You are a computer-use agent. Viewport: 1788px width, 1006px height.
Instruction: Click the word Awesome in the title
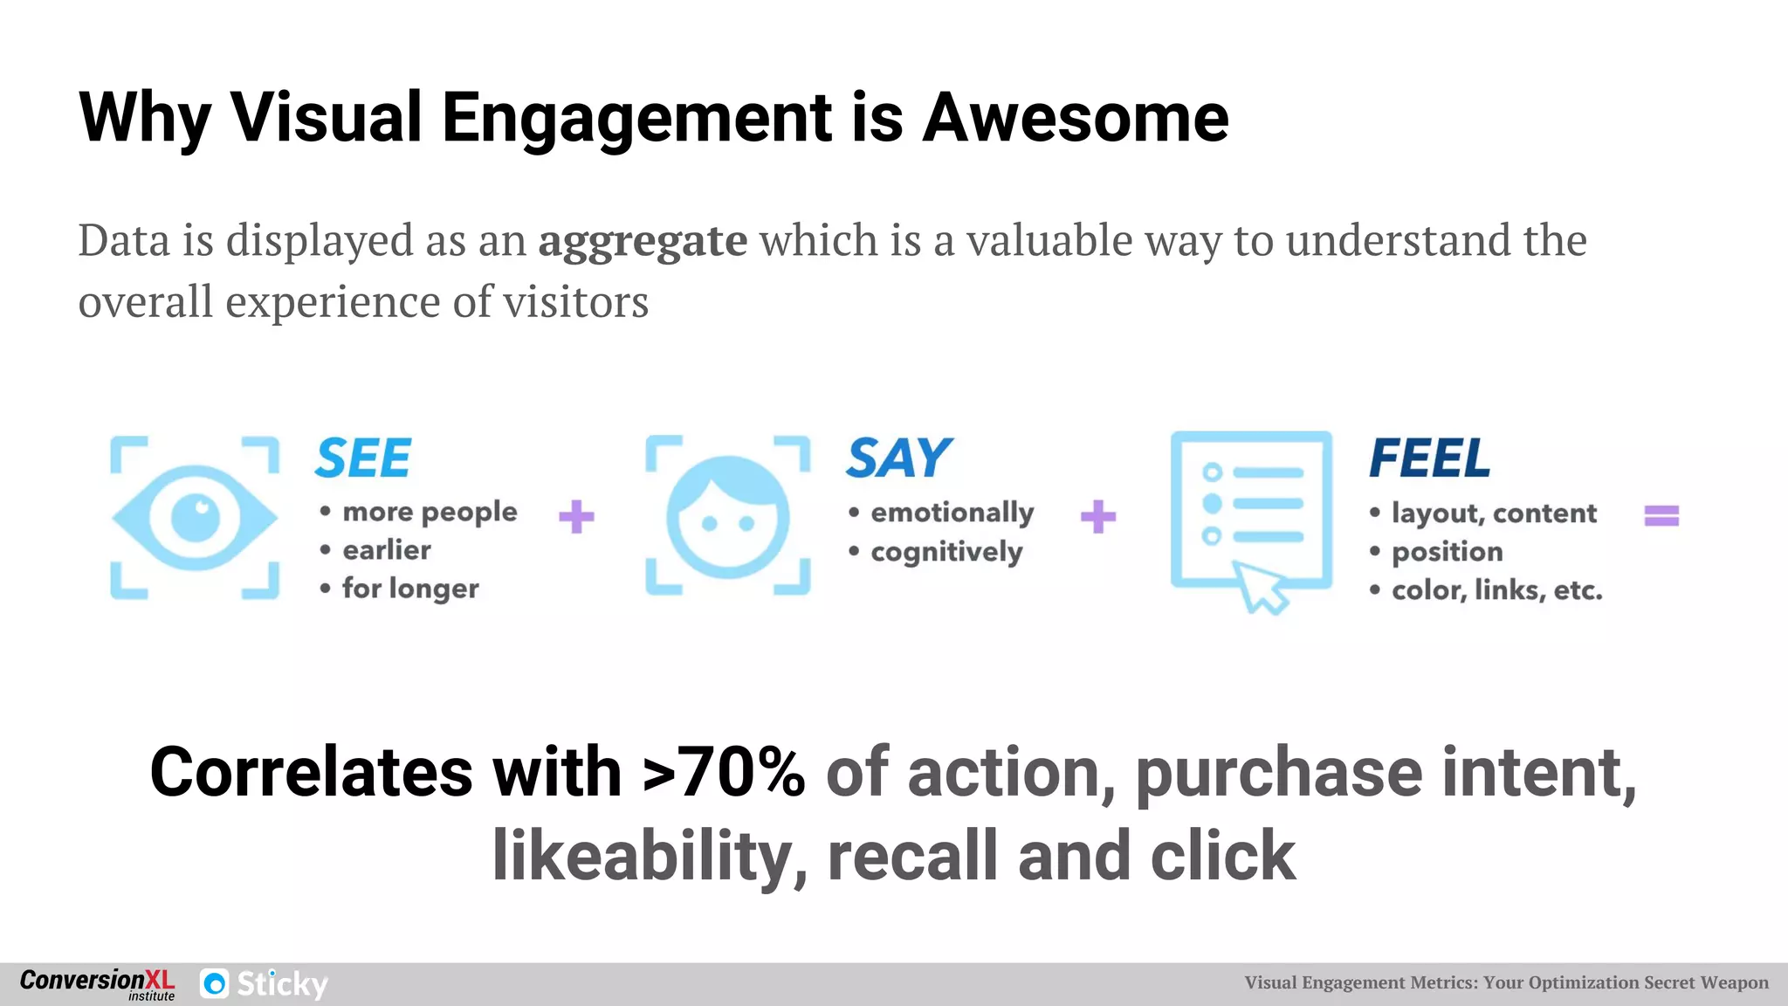pos(1075,118)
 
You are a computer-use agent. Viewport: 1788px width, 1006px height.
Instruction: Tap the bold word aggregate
pos(643,242)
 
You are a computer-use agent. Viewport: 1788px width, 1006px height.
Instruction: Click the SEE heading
pos(363,458)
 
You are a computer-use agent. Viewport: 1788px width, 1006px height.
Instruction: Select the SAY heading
pos(899,458)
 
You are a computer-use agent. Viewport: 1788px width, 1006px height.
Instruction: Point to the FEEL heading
pos(1430,458)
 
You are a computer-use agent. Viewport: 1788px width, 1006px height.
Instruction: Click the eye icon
pos(195,517)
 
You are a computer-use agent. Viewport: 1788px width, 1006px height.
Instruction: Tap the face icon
pos(727,517)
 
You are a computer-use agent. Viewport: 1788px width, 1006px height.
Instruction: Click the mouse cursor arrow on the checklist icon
pos(1262,588)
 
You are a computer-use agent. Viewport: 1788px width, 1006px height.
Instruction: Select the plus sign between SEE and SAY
pos(576,516)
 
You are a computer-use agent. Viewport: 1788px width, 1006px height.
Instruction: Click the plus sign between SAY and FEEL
pos(1098,516)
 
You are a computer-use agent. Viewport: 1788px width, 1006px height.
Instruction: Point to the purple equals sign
pos(1661,516)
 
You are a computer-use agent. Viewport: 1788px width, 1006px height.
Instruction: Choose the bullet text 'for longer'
pos(410,589)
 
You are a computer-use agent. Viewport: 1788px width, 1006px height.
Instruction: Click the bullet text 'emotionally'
pos(952,512)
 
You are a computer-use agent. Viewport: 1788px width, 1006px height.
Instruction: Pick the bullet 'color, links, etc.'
pos(1496,590)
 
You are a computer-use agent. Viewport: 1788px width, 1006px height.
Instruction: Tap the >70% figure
pos(724,773)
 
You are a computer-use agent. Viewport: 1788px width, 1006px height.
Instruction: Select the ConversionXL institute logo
pos(97,984)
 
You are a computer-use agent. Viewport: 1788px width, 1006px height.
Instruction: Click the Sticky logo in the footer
pos(265,984)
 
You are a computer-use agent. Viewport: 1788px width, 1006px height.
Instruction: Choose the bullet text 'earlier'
pos(387,550)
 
